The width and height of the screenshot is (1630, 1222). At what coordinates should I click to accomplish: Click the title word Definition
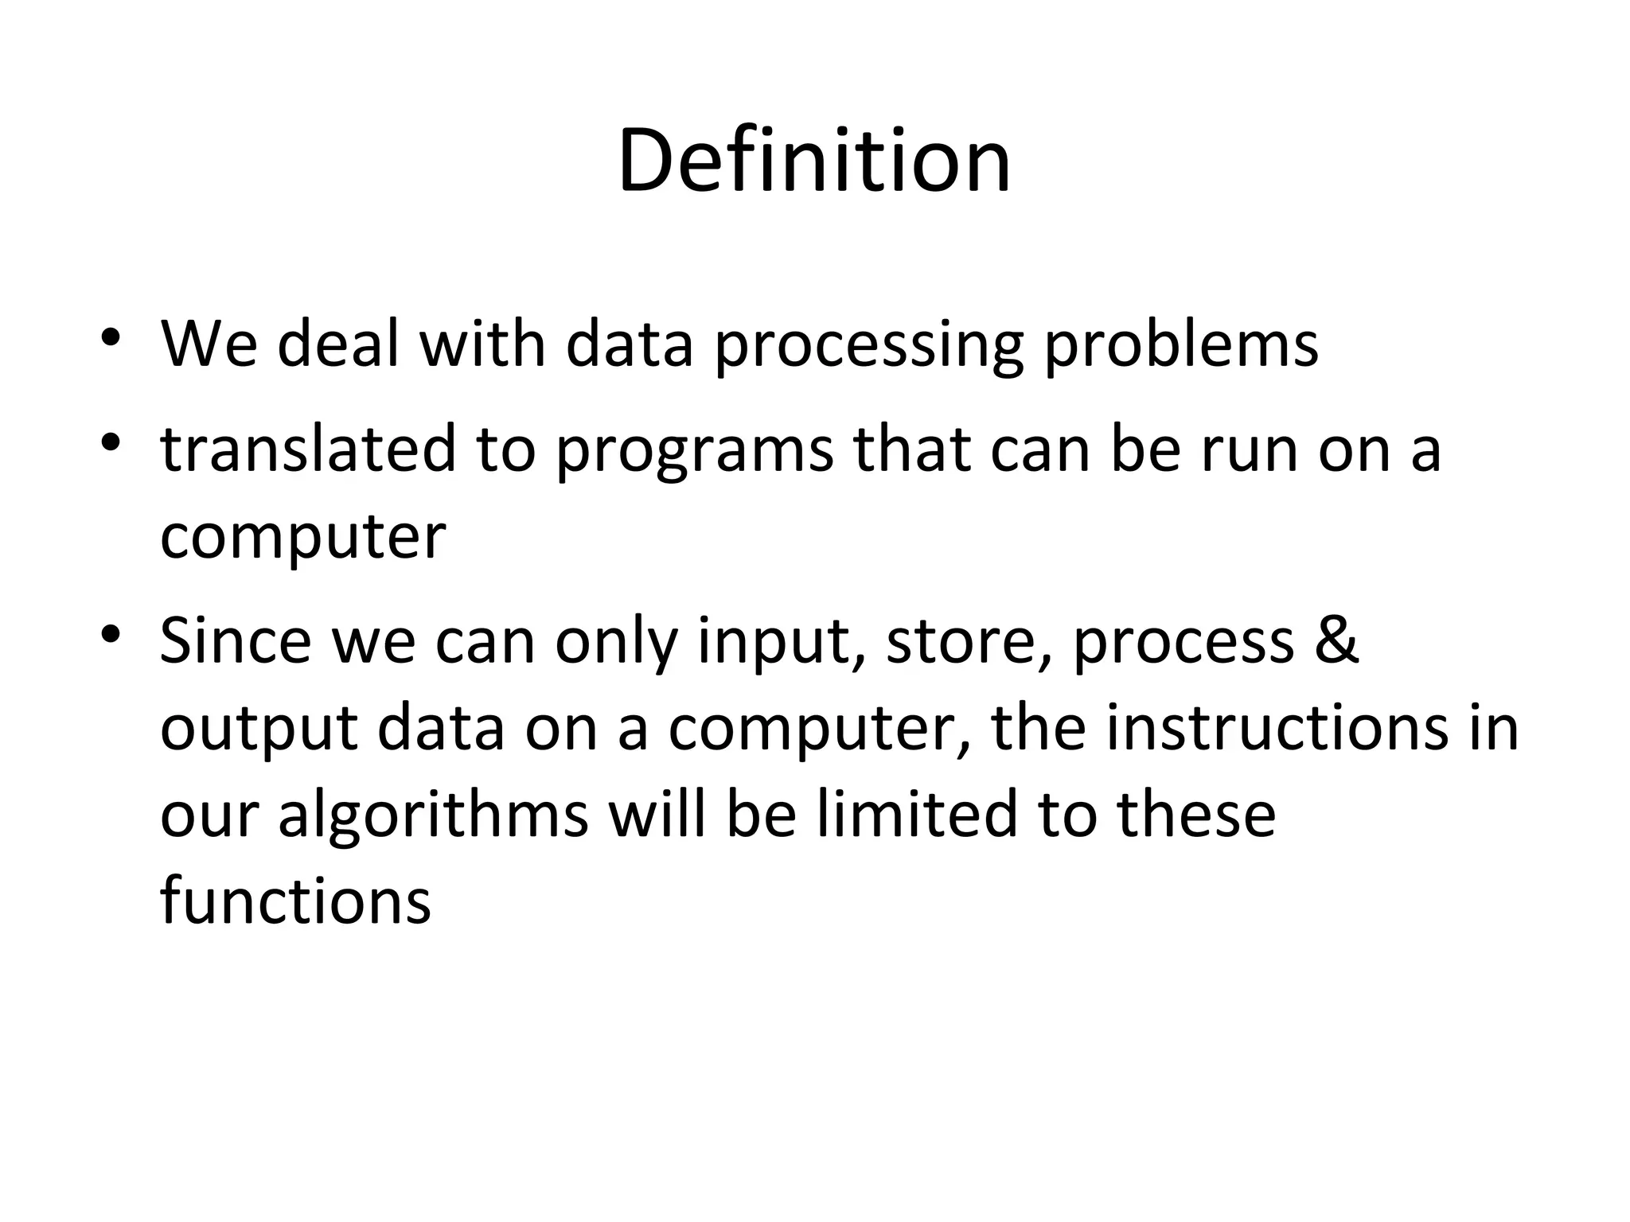click(x=813, y=162)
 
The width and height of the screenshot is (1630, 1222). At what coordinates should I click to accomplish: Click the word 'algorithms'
click(x=433, y=815)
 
